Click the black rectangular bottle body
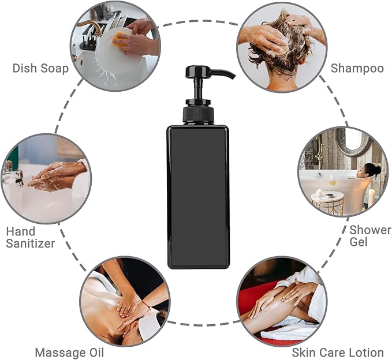[198, 196]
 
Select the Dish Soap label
[40, 68]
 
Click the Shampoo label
[357, 68]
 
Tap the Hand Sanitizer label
[30, 237]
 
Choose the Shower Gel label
[370, 236]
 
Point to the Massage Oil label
[69, 352]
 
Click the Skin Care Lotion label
[337, 352]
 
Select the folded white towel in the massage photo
[150, 326]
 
